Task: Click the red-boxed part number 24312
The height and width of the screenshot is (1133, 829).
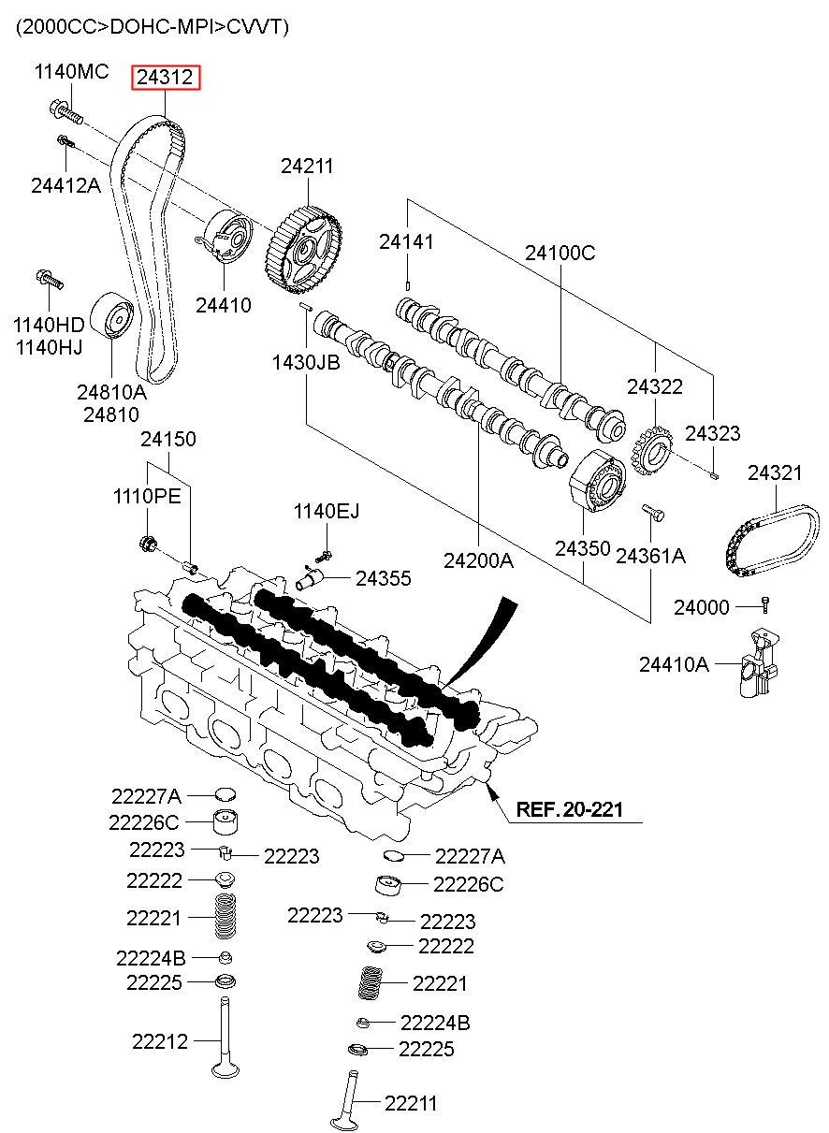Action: (167, 79)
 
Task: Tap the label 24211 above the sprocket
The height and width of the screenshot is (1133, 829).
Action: (307, 167)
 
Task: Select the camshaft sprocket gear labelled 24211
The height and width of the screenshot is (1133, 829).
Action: (304, 249)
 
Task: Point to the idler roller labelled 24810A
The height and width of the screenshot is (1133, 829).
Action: (112, 317)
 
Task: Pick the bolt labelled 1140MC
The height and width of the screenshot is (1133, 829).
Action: (62, 112)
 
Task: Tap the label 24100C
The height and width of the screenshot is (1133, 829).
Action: (560, 253)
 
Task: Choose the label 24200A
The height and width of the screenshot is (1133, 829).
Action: (478, 560)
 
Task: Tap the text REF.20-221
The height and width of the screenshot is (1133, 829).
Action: (570, 809)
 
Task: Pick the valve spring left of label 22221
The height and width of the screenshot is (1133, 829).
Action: (225, 917)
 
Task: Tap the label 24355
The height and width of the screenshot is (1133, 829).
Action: (383, 579)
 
